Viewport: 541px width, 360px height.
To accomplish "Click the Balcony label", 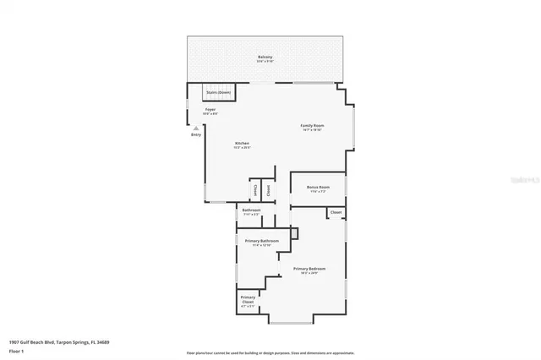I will click(265, 57).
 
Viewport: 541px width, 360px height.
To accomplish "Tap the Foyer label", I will click(210, 110).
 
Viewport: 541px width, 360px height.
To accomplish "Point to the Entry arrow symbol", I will click(196, 128).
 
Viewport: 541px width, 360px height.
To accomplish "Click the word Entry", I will click(196, 134).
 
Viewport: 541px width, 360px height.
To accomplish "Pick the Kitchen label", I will click(243, 144).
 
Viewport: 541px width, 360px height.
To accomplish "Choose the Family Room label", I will click(312, 126).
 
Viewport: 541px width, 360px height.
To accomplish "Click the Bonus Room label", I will click(319, 187).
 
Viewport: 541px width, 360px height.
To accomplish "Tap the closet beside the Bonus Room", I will click(336, 212).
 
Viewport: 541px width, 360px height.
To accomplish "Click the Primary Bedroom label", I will click(309, 269).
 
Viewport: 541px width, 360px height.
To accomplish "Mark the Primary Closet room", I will click(248, 301).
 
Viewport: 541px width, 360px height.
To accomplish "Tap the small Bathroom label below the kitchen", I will click(251, 210).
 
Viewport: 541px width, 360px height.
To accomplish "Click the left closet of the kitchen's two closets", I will click(255, 190).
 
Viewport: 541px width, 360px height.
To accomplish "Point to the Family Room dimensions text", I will click(312, 130).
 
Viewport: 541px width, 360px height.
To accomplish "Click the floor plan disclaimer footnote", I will click(270, 352).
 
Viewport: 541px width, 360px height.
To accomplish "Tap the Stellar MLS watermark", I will click(524, 179).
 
